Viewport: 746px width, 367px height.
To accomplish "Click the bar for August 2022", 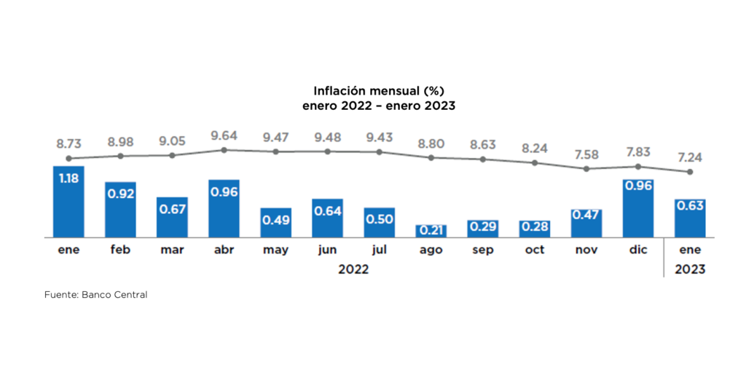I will pos(431,230).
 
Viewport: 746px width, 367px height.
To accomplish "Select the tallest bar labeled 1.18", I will pos(68,201).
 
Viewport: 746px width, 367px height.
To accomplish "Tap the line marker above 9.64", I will pos(224,150).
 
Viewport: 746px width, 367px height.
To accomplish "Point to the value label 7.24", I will pos(689,157).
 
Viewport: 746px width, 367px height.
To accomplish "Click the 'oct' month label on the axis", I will pos(535,250).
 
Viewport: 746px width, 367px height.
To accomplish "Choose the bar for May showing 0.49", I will pos(276,222).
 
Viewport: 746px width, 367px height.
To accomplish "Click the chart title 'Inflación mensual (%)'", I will pos(378,91).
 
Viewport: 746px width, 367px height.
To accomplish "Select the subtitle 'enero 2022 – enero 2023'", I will pos(378,106).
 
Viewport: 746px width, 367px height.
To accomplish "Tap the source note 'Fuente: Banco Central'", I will pos(96,295).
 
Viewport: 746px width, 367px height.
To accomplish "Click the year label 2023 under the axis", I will pos(689,269).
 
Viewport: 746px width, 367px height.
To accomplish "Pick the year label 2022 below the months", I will pos(353,269).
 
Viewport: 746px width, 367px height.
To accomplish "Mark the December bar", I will pos(638,208).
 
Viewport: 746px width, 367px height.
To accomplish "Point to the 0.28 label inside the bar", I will pos(535,227).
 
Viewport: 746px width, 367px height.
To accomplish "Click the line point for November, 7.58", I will pos(586,169).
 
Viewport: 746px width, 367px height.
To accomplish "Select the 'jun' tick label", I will pos(328,250).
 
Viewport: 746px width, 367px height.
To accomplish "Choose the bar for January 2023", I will pos(689,218).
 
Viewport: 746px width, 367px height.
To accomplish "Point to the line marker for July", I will pos(380,152).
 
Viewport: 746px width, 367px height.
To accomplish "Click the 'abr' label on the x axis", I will pos(224,250).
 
